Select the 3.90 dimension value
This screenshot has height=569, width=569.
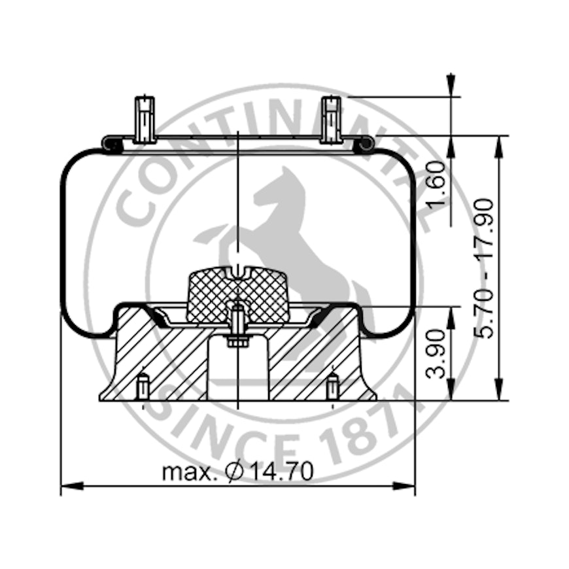coord(437,354)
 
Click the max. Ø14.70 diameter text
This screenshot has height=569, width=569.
coord(237,471)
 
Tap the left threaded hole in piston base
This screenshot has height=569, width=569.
coord(142,387)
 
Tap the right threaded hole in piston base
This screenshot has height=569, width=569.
coord(333,387)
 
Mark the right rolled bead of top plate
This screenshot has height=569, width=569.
coord(365,145)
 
